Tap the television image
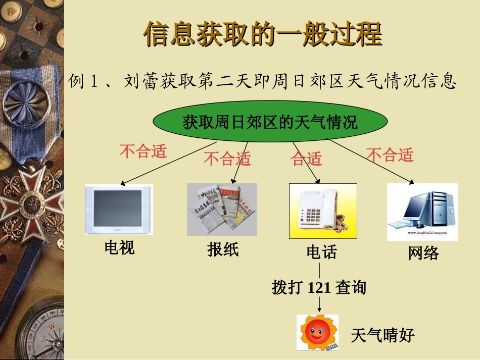tap(119, 209)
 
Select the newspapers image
tap(222, 209)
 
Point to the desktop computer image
tap(422, 212)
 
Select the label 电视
tap(120, 247)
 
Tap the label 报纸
tap(223, 249)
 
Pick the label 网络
tap(423, 253)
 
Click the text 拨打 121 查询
tap(319, 288)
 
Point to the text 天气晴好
tap(382, 335)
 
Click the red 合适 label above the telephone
tap(306, 160)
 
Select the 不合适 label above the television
tap(143, 150)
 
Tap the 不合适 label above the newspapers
tap(227, 160)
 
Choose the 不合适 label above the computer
tap(390, 155)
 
